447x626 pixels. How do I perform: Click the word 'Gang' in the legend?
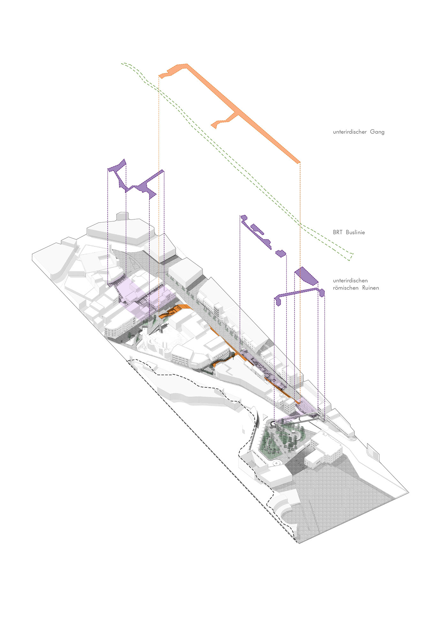tap(377, 132)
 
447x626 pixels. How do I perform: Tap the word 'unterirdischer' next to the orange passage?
tap(350, 132)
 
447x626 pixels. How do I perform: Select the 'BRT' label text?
tap(337, 232)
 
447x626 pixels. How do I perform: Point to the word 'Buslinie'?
tap(355, 232)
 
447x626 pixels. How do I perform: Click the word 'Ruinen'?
tap(370, 288)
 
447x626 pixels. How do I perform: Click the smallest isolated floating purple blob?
tap(281, 253)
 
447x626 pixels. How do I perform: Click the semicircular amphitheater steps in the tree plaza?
tap(297, 434)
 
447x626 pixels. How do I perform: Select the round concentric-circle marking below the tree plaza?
tap(277, 463)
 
